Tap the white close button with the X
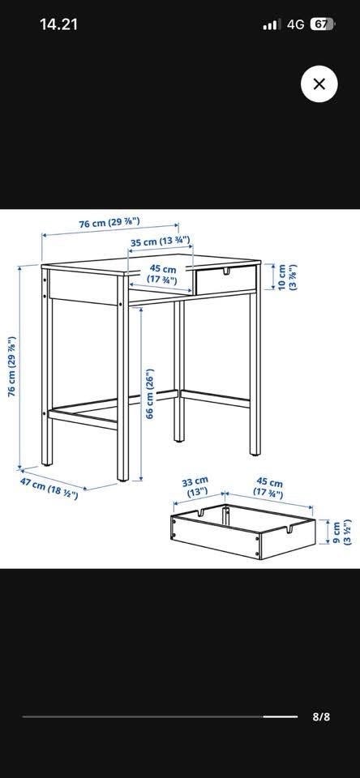tap(319, 83)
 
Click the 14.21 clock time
tap(58, 24)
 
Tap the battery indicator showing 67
tap(322, 24)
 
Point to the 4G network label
tap(295, 24)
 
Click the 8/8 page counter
tap(321, 717)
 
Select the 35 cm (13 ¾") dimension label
tap(161, 242)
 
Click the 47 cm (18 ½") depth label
tap(49, 488)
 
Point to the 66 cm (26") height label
tap(151, 393)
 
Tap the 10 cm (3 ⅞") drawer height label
tap(288, 277)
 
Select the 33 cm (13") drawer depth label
tap(195, 487)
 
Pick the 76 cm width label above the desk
tap(109, 223)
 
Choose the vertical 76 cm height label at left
tap(12, 366)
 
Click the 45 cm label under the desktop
tap(162, 275)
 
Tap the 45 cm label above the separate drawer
tap(268, 488)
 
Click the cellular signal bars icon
tap(272, 24)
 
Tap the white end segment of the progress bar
tap(280, 716)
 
